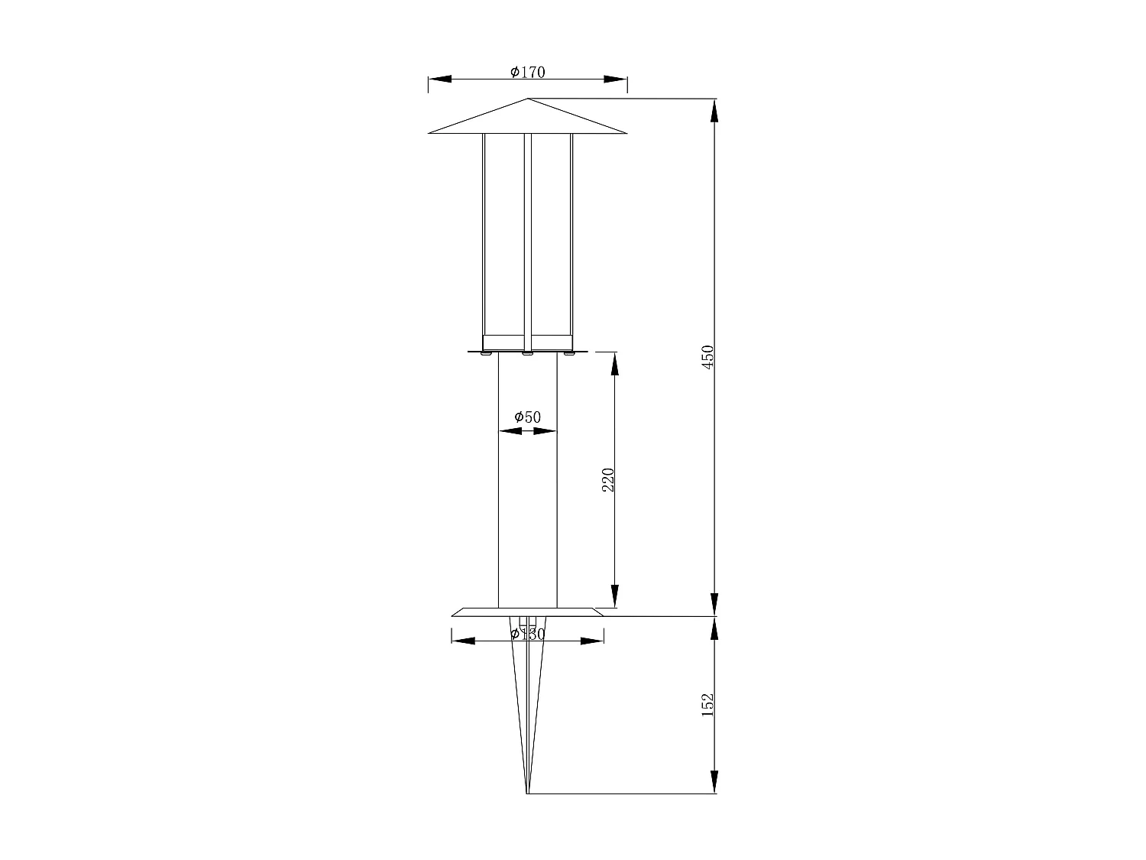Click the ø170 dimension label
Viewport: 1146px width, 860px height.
coord(527,72)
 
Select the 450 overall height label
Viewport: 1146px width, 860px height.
coord(708,357)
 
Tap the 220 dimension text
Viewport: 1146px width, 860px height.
coord(609,479)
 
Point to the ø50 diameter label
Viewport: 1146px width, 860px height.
coord(527,417)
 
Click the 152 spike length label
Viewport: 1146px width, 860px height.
coord(707,704)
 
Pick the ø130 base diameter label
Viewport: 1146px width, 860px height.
coord(527,634)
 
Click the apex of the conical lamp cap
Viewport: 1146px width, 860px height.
coord(528,99)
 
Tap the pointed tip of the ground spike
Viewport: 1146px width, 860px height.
coord(527,793)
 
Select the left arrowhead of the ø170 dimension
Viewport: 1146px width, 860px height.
coord(439,79)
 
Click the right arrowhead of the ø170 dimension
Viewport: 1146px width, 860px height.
coord(616,79)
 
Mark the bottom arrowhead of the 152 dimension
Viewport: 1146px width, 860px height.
coord(714,782)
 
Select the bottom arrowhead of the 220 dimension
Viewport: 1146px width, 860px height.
coord(615,596)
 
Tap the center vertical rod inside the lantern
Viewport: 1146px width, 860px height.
coord(527,237)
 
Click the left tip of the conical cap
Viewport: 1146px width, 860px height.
coord(430,133)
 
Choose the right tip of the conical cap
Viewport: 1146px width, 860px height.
coord(626,133)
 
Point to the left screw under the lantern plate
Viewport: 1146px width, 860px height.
coord(486,354)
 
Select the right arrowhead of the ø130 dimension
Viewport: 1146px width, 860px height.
coord(592,641)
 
